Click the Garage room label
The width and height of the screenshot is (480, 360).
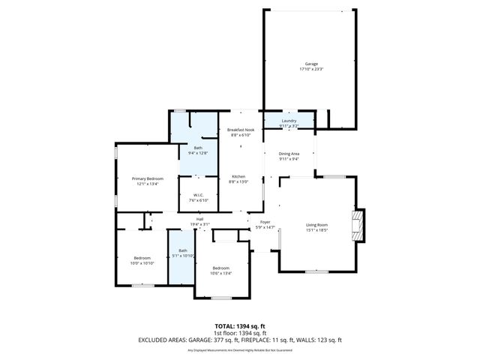tap(310, 64)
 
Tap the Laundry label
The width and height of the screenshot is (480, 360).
tap(289, 121)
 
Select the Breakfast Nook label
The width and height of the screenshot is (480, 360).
tap(241, 130)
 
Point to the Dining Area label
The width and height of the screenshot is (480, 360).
tap(289, 154)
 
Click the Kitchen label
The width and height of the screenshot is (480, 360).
tap(238, 176)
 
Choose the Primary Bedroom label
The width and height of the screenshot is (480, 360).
tap(148, 178)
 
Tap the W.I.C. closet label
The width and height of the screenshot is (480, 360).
tap(198, 195)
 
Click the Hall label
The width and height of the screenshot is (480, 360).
tap(200, 219)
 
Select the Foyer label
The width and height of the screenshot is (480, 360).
tap(265, 222)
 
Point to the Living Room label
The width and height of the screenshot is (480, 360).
tap(317, 225)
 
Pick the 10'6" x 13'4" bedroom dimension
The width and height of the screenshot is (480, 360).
tap(220, 274)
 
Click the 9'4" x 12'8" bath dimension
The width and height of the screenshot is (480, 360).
tap(198, 153)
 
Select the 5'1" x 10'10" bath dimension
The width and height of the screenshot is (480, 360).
tap(182, 256)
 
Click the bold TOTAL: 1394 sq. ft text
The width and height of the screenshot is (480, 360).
tap(240, 326)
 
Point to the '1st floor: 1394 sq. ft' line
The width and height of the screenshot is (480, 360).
tap(240, 332)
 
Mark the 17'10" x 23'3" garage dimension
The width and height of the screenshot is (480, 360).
tap(310, 69)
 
